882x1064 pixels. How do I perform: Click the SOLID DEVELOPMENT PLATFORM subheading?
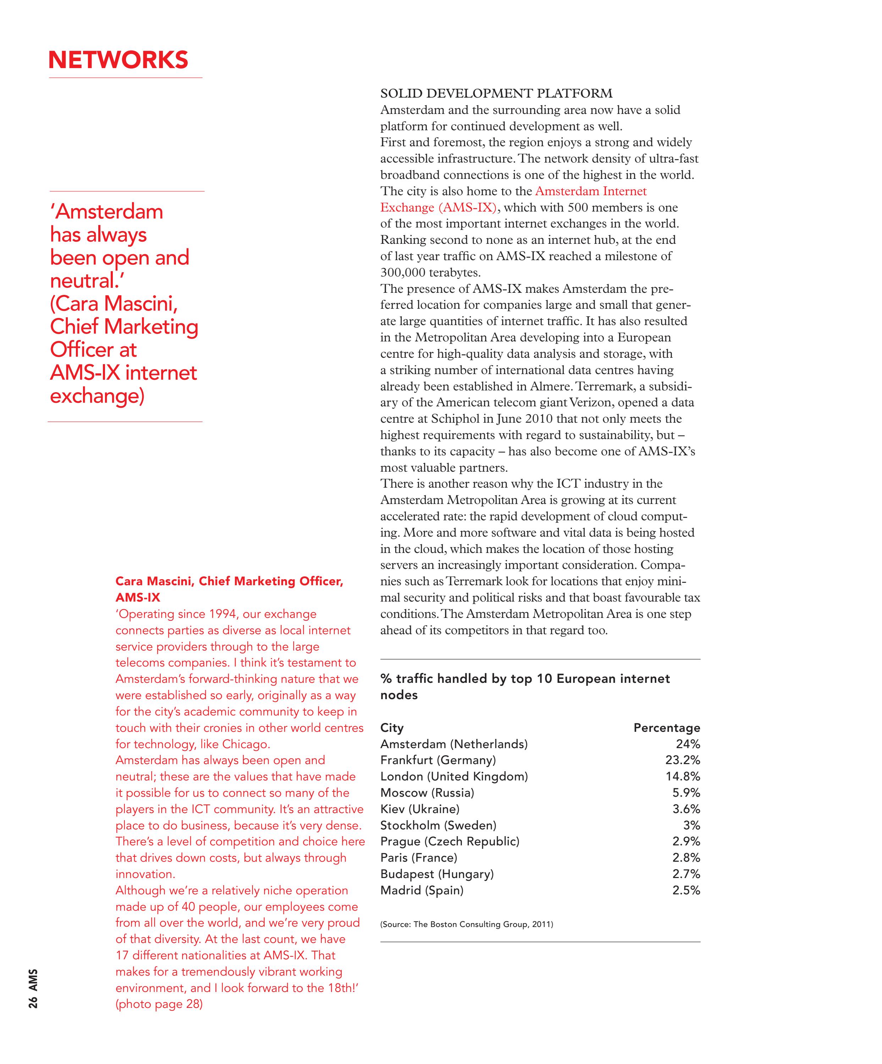click(x=496, y=94)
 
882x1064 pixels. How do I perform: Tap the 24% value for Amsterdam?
click(x=688, y=744)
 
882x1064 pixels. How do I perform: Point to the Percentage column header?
click(x=666, y=728)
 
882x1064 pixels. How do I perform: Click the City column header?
click(x=392, y=728)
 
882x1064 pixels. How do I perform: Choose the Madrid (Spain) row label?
click(x=421, y=890)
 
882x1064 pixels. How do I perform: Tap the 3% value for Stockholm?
click(x=691, y=826)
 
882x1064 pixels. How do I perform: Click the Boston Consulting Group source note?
click(x=466, y=924)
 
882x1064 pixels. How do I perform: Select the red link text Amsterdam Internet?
click(x=591, y=191)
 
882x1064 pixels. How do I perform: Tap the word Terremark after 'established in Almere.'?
click(x=602, y=386)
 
